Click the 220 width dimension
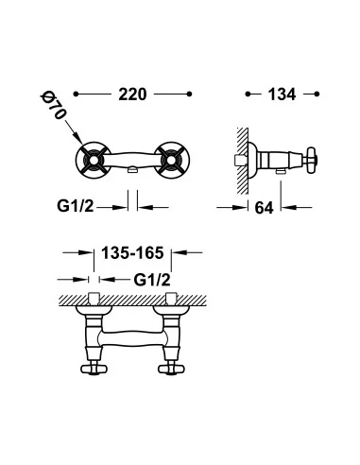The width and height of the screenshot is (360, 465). [x=132, y=95]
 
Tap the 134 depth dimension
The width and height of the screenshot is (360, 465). [x=282, y=95]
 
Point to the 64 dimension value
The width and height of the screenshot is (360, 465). [x=264, y=208]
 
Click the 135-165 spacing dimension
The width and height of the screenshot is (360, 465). [x=132, y=252]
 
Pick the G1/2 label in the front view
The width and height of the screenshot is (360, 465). [x=76, y=206]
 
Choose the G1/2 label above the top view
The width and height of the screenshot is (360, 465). [x=152, y=280]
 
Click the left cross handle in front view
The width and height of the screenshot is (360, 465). [x=94, y=160]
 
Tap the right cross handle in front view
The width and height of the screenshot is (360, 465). [x=171, y=160]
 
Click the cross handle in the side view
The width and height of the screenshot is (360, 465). [x=311, y=160]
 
